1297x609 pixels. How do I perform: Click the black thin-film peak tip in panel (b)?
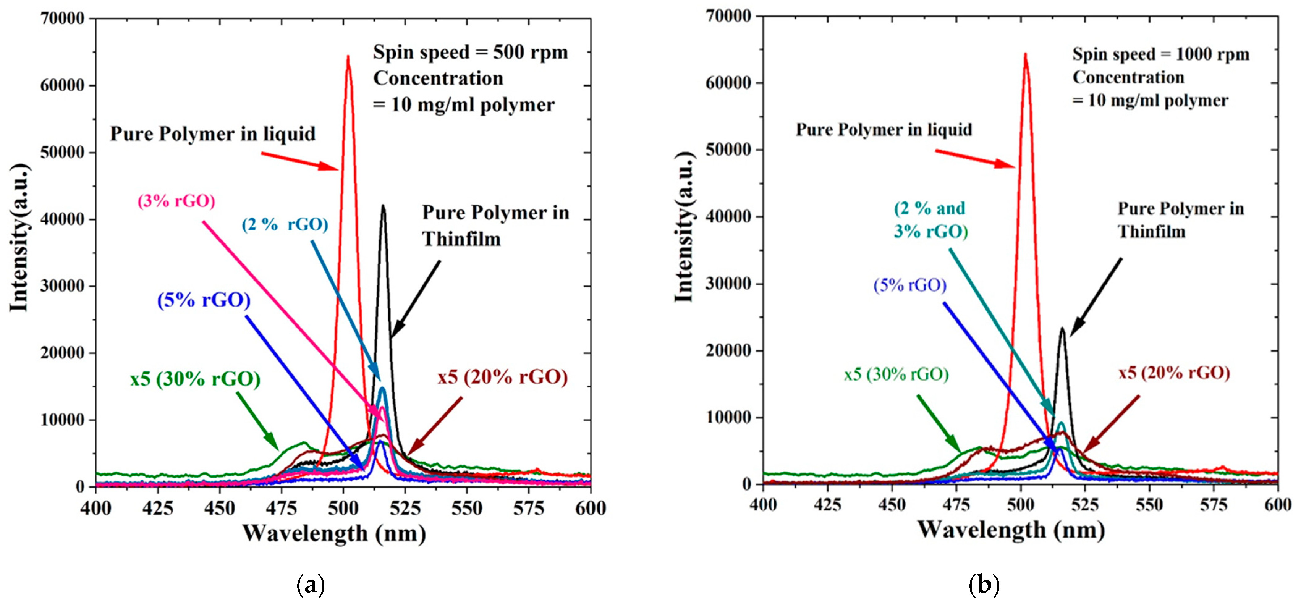point(1062,328)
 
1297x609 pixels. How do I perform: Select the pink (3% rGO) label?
point(176,201)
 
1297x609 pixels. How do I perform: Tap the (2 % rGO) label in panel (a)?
point(285,225)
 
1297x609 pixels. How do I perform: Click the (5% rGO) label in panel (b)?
point(910,285)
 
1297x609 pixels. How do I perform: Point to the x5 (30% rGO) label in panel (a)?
point(195,379)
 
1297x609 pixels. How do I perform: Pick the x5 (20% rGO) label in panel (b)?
point(1174,373)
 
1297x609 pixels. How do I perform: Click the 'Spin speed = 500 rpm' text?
point(470,52)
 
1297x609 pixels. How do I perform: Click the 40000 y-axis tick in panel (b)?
point(729,217)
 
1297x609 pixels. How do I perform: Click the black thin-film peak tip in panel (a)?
point(383,205)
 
